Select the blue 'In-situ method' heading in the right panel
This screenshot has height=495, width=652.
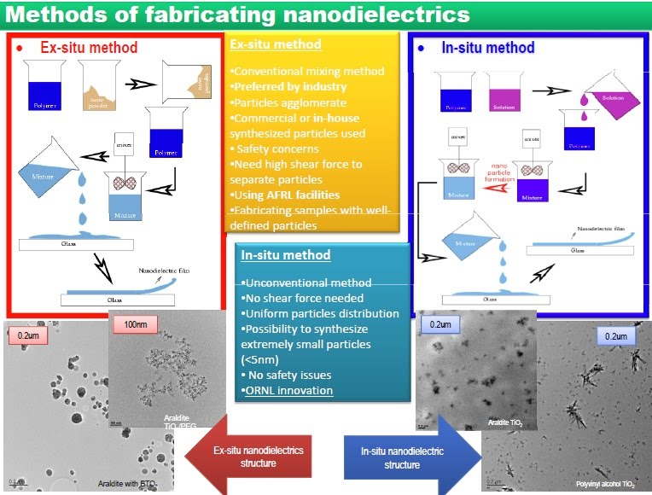pyautogui.click(x=487, y=48)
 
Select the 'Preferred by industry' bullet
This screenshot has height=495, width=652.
pyautogui.click(x=288, y=86)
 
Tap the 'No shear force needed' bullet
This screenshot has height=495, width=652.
pyautogui.click(x=303, y=298)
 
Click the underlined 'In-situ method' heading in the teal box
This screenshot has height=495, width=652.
pyautogui.click(x=284, y=255)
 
